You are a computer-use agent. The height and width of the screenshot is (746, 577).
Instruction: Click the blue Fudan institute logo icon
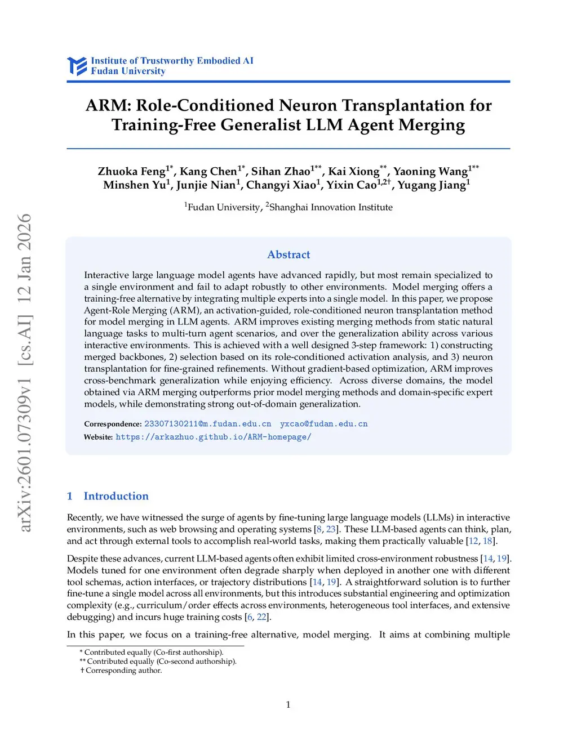point(77,66)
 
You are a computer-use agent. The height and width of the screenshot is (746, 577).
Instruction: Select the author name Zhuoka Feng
point(132,171)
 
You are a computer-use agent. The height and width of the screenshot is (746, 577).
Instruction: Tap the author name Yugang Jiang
point(432,185)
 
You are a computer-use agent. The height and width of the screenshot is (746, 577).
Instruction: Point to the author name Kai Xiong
point(354,171)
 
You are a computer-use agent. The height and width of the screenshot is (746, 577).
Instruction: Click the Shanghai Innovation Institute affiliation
point(331,207)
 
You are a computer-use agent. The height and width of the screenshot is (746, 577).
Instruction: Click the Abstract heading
point(288,254)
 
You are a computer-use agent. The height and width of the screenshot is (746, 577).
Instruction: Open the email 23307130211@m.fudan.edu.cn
point(207,424)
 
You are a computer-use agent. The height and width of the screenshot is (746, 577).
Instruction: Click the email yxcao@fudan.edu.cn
point(323,424)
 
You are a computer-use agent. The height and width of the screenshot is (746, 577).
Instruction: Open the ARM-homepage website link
point(213,437)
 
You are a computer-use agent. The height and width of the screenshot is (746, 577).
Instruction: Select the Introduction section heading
point(116,496)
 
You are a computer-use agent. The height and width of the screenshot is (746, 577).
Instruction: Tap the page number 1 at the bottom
point(288,704)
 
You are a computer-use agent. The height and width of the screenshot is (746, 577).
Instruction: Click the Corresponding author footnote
point(123,671)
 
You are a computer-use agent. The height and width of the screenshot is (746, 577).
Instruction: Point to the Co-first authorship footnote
point(154,653)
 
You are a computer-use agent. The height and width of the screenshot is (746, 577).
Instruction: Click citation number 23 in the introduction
point(331,529)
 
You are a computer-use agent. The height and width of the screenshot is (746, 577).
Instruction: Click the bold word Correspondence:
point(113,424)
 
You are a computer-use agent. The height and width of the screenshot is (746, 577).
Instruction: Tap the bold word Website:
point(98,437)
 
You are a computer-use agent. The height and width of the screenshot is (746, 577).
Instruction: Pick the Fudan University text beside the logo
point(128,71)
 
